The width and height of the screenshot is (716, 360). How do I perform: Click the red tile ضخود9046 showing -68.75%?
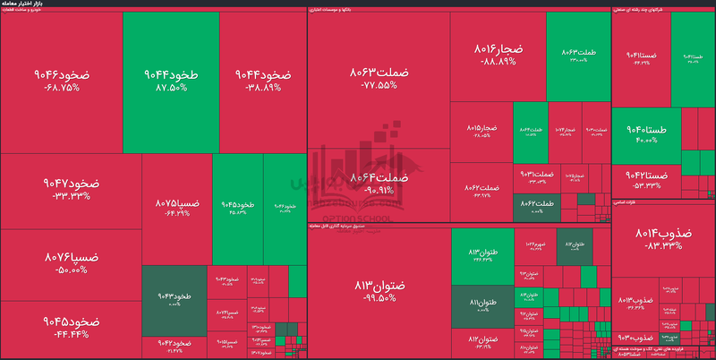61,81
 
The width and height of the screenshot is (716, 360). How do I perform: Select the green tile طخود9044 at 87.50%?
170,81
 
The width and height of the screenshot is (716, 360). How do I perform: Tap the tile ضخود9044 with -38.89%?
262,81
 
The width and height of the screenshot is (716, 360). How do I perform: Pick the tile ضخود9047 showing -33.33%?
71,189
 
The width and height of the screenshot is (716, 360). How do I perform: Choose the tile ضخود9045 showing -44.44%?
71,326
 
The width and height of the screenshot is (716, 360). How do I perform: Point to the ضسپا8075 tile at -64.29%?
177,208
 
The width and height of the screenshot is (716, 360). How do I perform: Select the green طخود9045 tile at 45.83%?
237,208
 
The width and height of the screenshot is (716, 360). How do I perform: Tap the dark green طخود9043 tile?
174,300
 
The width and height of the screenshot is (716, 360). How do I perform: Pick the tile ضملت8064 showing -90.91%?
379,184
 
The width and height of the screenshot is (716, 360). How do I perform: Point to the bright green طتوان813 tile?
482,256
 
